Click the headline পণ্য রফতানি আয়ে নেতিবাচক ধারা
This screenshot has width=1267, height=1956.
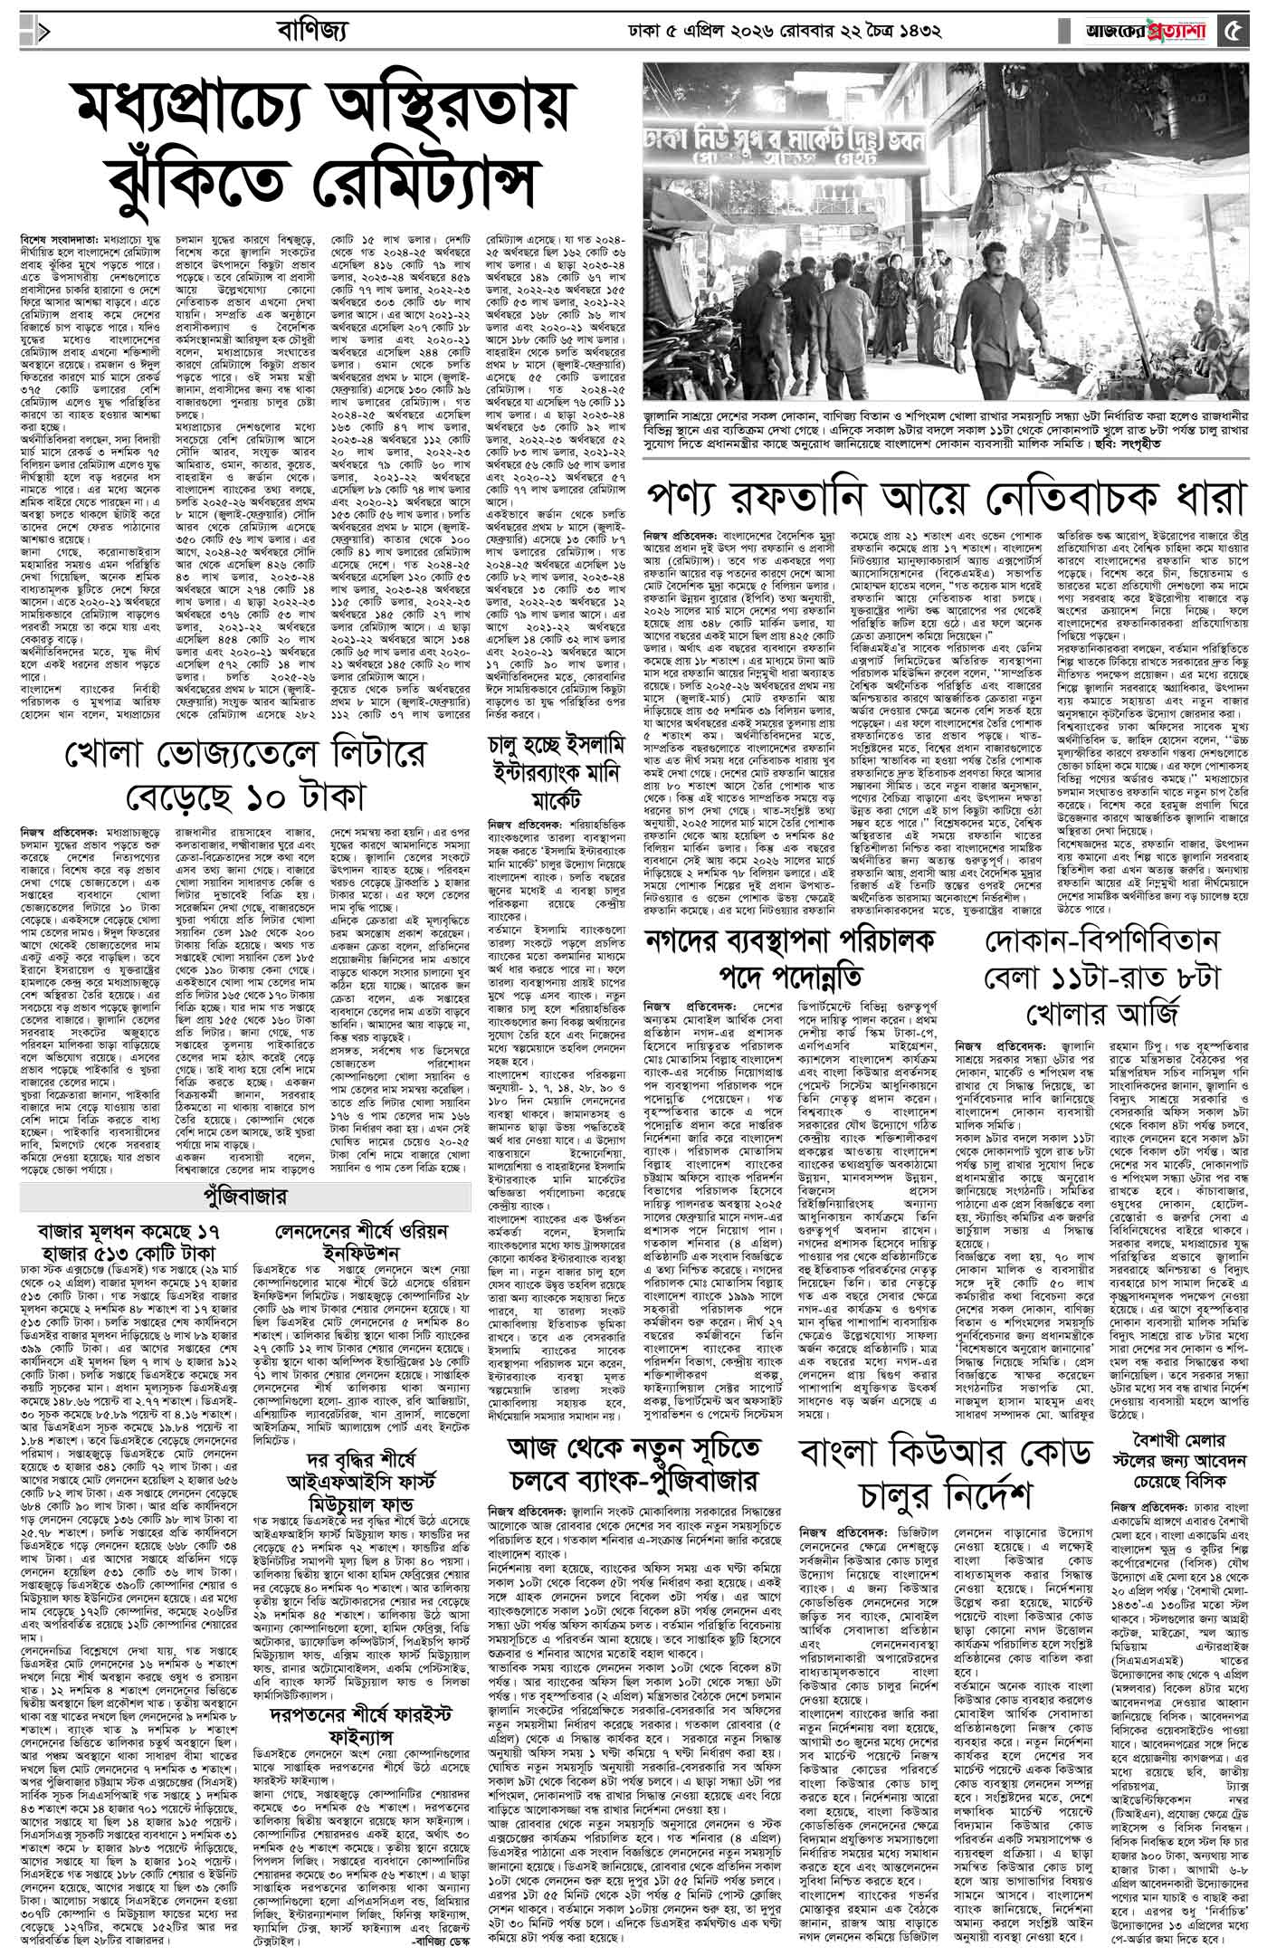pos(946,497)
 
